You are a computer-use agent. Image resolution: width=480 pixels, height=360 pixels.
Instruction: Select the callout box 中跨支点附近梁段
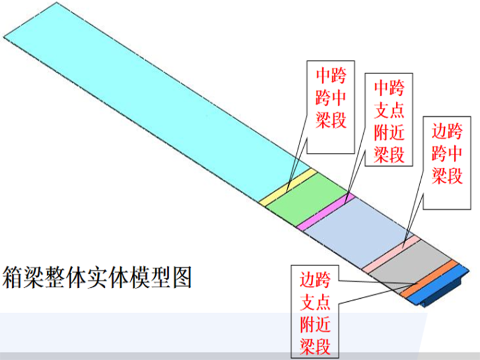pyautogui.click(x=389, y=119)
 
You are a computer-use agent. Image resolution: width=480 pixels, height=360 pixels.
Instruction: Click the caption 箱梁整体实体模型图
pyautogui.click(x=97, y=276)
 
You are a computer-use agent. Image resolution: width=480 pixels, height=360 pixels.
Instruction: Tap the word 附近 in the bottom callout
pyautogui.click(x=315, y=324)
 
